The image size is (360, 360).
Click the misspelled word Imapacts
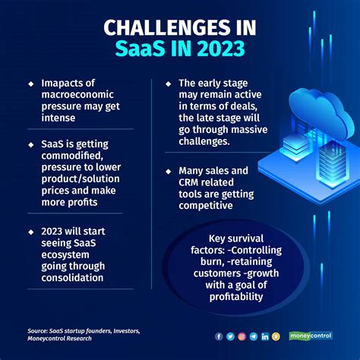[68, 84]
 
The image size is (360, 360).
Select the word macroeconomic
[77, 94]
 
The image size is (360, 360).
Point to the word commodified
[72, 156]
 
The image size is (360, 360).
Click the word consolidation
[72, 278]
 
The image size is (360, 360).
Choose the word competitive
[206, 205]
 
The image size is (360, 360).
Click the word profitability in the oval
[236, 297]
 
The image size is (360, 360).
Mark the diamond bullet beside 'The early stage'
[169, 84]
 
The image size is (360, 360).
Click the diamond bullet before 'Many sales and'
[169, 172]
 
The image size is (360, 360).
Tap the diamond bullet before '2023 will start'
[31, 232]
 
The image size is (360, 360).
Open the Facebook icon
[219, 336]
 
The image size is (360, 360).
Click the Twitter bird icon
[230, 336]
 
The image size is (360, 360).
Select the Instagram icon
[242, 336]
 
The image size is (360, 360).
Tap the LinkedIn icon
[265, 336]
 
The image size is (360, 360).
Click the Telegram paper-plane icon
[254, 336]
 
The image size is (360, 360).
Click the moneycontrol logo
[311, 336]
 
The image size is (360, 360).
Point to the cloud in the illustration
[321, 112]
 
